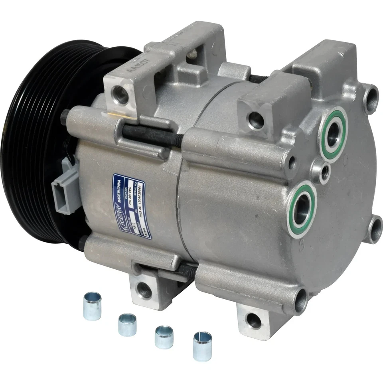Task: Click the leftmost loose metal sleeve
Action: [92, 306]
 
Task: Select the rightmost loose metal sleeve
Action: [202, 346]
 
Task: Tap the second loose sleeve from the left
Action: [127, 324]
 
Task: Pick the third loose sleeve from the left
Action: [164, 337]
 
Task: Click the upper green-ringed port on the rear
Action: [333, 134]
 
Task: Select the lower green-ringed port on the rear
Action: [302, 209]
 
